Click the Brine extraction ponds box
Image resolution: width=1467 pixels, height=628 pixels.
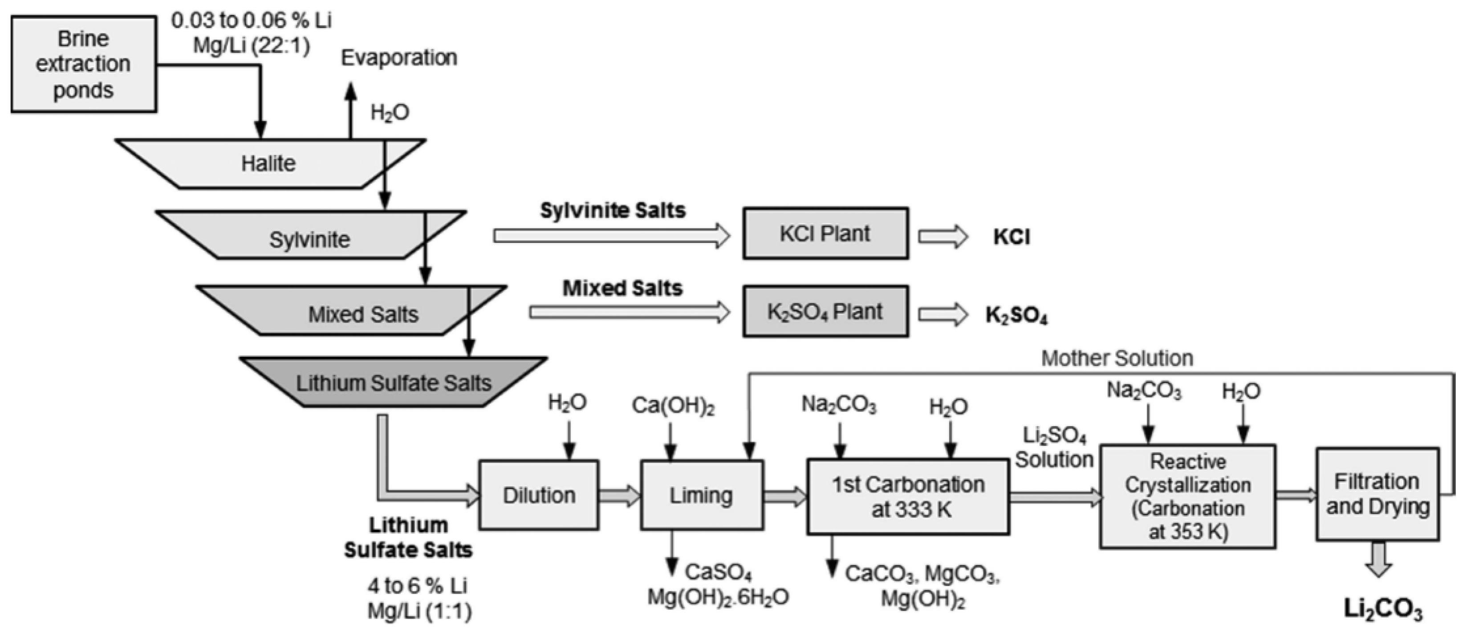point(83,64)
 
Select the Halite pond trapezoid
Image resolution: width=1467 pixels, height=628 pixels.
point(268,163)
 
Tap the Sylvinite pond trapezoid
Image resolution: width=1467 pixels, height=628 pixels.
point(309,239)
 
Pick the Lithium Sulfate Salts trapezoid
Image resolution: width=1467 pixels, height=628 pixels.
point(393,383)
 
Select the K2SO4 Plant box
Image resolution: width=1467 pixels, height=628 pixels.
point(825,312)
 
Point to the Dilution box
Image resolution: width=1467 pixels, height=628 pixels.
point(538,495)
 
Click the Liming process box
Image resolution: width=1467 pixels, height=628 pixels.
point(701,495)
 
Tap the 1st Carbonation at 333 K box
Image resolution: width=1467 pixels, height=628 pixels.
point(908,496)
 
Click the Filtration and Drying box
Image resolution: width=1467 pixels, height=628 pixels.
point(1377,494)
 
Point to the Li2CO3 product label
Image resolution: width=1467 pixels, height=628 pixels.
point(1383,608)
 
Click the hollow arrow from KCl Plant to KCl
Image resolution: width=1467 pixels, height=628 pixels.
point(943,237)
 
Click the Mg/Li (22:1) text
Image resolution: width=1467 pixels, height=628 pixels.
point(251,45)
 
